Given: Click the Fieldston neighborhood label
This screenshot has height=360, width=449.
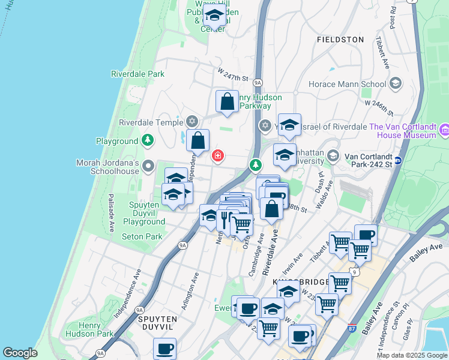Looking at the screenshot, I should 340,40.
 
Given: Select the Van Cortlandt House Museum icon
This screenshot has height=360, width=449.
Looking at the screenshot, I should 444,130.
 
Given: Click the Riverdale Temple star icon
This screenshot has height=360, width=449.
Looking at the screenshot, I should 192,122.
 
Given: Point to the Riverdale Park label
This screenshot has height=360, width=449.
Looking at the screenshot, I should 137,74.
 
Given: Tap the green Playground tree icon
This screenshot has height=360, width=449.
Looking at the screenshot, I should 148,141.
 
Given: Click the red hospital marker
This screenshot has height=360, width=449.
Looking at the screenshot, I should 217,156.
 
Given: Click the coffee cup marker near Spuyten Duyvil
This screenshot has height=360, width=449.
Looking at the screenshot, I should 164,349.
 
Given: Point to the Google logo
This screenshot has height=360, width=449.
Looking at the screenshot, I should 20,353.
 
